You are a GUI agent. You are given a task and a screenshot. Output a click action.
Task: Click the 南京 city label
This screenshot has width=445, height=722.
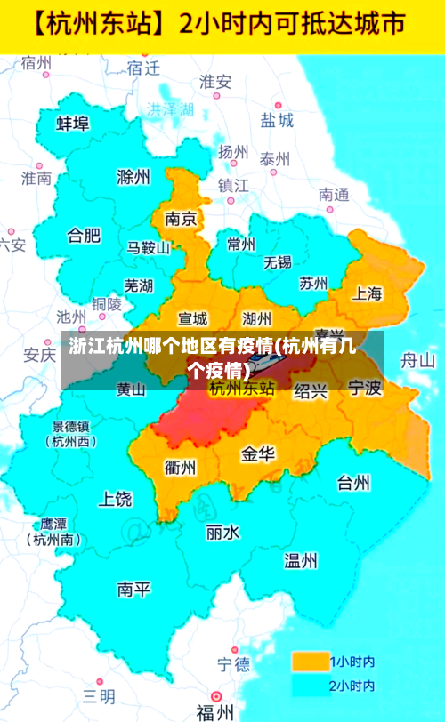click(x=181, y=219)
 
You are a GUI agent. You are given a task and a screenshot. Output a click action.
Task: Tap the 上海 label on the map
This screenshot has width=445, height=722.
click(x=368, y=293)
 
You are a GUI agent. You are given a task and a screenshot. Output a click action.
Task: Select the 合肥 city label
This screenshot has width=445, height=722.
click(x=85, y=236)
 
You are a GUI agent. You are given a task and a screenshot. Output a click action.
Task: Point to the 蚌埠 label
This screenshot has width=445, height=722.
click(x=73, y=124)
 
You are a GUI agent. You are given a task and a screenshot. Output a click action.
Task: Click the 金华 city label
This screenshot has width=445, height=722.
click(x=258, y=454)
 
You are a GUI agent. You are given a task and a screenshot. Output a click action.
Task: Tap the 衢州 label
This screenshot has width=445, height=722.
click(x=181, y=466)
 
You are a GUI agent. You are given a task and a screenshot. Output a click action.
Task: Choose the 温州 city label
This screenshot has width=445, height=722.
click(x=301, y=560)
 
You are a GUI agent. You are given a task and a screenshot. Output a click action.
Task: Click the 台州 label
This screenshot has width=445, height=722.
click(x=353, y=483)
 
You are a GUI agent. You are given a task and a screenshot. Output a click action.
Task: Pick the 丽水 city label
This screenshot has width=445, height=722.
click(x=222, y=533)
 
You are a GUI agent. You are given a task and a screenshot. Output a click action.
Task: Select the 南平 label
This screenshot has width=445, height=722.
click(x=134, y=589)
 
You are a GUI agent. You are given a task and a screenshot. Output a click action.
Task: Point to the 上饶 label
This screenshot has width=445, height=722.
click(x=116, y=498)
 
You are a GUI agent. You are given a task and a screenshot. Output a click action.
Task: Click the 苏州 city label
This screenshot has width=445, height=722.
click(x=313, y=284)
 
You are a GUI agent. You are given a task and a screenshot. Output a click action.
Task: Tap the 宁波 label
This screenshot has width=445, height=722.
click(x=364, y=388)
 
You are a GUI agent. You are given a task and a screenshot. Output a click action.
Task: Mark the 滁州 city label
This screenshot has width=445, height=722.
click(x=133, y=177)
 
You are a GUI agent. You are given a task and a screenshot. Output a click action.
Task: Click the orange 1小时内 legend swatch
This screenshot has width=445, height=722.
click(x=309, y=662)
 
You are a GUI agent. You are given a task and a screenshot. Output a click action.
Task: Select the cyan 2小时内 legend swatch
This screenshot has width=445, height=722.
click(x=309, y=686)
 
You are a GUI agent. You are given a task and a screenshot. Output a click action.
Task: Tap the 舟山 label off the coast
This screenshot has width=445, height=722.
click(x=417, y=360)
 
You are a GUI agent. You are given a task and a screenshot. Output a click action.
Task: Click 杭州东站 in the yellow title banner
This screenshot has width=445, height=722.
click(x=101, y=24)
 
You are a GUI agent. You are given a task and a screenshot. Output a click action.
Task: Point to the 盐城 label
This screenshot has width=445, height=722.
click(x=277, y=120)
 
